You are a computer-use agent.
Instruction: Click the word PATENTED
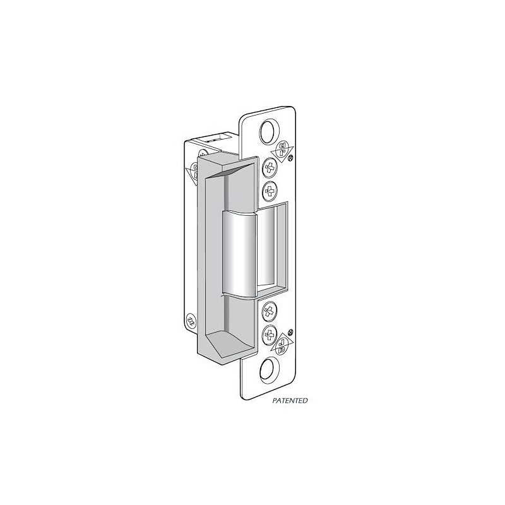point(290,400)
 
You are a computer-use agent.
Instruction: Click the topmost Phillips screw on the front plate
point(269,169)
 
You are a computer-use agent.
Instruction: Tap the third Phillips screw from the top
point(270,311)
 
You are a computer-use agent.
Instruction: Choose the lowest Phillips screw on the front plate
point(270,333)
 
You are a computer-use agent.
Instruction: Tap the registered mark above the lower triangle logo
point(290,333)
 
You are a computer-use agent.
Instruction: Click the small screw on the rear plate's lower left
point(190,319)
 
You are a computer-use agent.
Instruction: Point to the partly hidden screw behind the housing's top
point(203,153)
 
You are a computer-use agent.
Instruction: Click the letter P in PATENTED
point(275,400)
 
